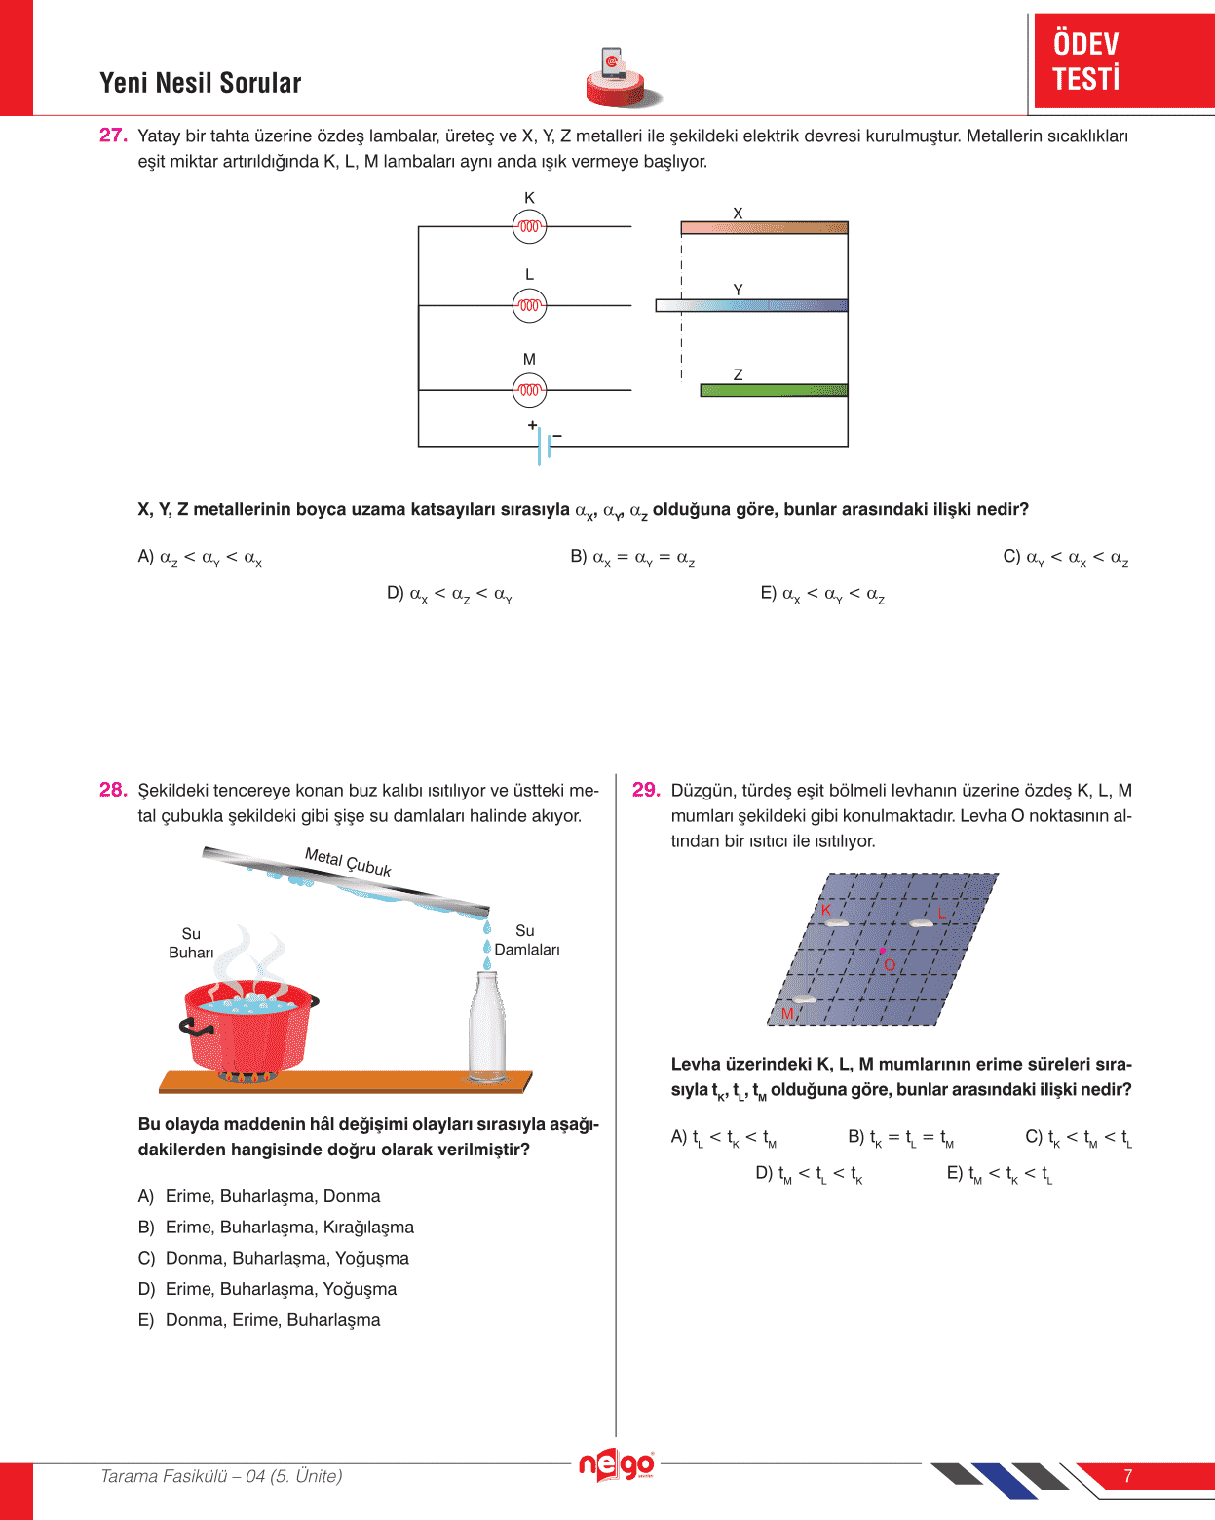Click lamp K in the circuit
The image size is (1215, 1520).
(529, 227)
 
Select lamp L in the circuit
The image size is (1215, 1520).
(529, 305)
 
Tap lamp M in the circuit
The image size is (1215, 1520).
(529, 390)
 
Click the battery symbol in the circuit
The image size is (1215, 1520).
(544, 446)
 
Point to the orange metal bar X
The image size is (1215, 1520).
(764, 228)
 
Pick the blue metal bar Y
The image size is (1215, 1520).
(751, 305)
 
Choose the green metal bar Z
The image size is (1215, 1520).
(774, 390)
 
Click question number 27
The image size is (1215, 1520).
(113, 136)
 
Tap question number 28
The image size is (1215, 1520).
(113, 790)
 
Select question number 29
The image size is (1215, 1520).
(646, 790)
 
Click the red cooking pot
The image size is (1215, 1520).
(249, 1029)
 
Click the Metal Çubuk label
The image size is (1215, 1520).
(348, 862)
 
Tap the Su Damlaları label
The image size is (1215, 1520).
(526, 940)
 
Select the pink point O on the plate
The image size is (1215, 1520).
(883, 951)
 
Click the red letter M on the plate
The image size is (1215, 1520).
(787, 1014)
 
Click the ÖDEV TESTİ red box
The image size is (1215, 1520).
(1122, 60)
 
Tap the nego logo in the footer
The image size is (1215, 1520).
(616, 1465)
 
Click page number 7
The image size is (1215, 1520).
(1127, 1476)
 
